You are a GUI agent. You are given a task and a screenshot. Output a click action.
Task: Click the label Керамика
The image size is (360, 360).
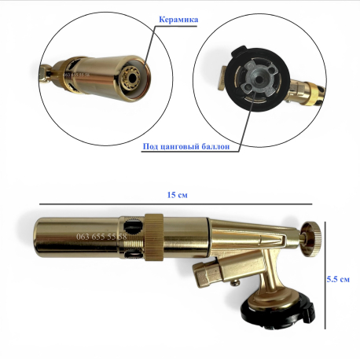[178, 20]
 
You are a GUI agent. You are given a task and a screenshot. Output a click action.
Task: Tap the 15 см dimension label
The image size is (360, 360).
[178, 195]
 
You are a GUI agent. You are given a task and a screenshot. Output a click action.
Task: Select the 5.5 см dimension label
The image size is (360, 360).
[338, 279]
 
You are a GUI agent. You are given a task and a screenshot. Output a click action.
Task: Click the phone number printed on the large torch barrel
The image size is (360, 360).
[101, 237]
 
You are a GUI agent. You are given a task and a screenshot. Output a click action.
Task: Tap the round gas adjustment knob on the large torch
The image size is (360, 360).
[311, 239]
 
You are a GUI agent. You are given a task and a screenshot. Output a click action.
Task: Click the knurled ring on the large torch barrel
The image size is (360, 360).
[154, 237]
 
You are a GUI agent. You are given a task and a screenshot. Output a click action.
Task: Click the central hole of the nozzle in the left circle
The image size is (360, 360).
[133, 78]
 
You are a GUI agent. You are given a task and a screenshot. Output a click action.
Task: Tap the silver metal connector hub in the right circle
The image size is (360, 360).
[258, 80]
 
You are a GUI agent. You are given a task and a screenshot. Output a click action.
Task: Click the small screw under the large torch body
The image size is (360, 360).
[235, 283]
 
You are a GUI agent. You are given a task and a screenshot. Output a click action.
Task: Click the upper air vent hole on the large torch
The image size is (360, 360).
[132, 227]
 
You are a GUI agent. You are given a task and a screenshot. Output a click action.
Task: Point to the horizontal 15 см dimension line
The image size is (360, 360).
[175, 204]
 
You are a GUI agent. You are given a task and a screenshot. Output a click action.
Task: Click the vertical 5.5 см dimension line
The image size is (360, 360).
[325, 275]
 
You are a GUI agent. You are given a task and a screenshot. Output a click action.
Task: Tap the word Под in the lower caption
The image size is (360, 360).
[149, 146]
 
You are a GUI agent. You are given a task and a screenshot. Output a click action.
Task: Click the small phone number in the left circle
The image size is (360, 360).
[77, 75]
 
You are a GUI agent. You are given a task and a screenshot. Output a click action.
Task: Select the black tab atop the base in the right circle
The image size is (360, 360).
[239, 51]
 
